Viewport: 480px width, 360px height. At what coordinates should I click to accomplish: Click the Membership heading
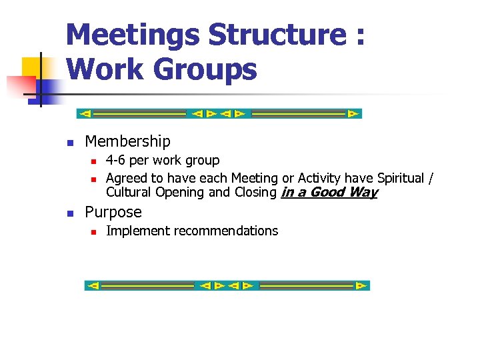click(x=127, y=141)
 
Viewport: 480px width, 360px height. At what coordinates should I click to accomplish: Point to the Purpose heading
click(x=113, y=212)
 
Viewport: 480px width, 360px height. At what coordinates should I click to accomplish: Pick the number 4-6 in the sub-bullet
click(x=117, y=160)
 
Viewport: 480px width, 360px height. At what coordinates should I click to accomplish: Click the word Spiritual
click(x=401, y=178)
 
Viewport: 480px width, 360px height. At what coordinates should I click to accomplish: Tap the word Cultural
click(x=129, y=193)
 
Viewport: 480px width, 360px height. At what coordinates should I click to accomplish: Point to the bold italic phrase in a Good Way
click(x=329, y=193)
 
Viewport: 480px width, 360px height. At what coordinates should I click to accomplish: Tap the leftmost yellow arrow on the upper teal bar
click(x=85, y=113)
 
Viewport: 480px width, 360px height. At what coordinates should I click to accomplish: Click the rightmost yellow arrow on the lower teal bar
click(x=361, y=285)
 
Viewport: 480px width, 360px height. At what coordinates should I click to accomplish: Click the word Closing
click(x=255, y=193)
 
